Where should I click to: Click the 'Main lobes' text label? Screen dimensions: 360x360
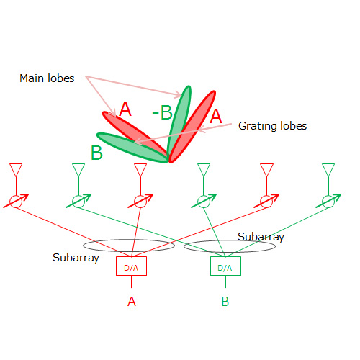click(47, 78)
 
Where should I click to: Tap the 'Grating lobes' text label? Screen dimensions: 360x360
click(272, 126)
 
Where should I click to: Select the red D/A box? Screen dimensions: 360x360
click(131, 266)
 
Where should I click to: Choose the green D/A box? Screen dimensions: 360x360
click(225, 266)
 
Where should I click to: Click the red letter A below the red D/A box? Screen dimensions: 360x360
click(132, 302)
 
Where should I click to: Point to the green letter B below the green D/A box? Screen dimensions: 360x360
click(225, 302)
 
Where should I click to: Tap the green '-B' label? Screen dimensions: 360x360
click(163, 112)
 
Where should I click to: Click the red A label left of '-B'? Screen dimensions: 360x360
click(125, 109)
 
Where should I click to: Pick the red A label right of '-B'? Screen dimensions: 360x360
click(216, 116)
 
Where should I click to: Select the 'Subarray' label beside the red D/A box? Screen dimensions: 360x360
click(76, 258)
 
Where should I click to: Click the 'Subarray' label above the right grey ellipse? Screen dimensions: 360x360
click(261, 237)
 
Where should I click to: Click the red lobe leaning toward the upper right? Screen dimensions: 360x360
click(192, 127)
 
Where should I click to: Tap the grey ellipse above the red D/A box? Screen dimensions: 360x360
click(129, 240)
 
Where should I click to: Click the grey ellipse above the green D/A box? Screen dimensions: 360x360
click(230, 240)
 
